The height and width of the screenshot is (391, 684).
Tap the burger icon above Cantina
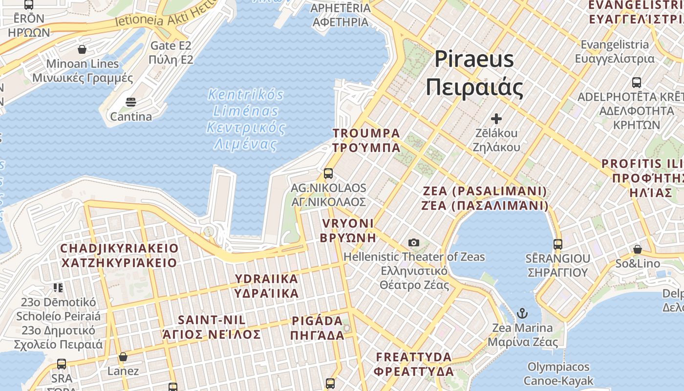(x=130, y=102)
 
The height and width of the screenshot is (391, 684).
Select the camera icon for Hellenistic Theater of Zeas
(x=414, y=242)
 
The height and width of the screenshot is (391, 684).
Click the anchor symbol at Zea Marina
(x=522, y=313)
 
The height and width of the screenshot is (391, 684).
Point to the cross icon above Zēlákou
(x=496, y=119)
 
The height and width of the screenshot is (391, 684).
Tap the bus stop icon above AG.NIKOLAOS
(x=328, y=174)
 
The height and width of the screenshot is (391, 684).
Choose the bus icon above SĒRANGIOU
(x=557, y=244)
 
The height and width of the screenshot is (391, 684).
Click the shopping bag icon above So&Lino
(x=637, y=249)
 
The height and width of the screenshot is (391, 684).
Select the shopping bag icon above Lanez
(x=123, y=357)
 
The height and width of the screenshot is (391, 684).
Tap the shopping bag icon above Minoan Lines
(x=82, y=49)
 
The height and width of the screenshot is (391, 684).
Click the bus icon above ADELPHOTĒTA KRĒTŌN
(x=636, y=82)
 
